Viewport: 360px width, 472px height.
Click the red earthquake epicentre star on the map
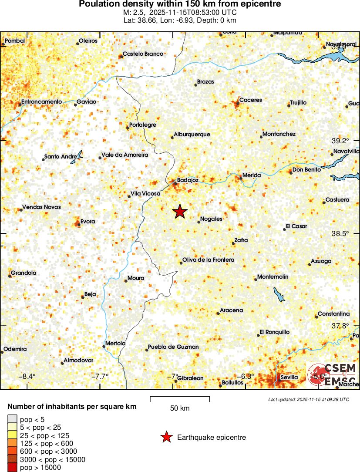[x=180, y=212]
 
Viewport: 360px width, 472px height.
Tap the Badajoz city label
[x=188, y=180]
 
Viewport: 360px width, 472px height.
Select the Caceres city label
[x=251, y=100]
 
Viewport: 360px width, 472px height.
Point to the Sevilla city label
[x=289, y=377]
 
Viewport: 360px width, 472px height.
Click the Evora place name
[x=87, y=222]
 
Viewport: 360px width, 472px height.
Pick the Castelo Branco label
[x=143, y=54]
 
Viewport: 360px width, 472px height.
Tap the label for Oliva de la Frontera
[x=208, y=260]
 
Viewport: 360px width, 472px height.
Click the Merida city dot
[x=240, y=178]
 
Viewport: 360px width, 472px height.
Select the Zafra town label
[x=241, y=240]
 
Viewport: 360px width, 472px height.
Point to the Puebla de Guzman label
[x=173, y=347]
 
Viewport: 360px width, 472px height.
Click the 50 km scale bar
[x=180, y=398]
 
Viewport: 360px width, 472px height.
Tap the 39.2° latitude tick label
[x=340, y=141]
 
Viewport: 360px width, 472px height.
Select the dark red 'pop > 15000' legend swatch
[x=13, y=467]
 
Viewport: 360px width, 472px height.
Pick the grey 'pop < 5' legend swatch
[x=13, y=419]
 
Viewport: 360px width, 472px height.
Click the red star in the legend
[x=166, y=438]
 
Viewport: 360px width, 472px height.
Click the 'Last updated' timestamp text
[x=308, y=399]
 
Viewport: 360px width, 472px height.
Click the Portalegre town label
[x=143, y=125]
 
